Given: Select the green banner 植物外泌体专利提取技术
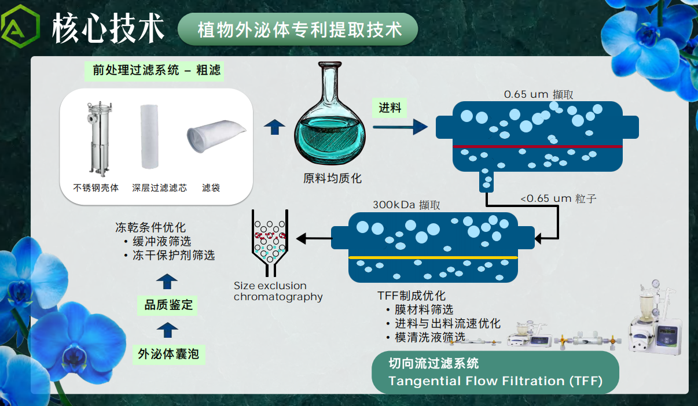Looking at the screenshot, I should (299, 29).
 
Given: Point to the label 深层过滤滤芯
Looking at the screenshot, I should (159, 188).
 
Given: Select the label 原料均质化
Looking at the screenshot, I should (332, 179).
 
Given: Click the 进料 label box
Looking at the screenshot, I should (390, 108).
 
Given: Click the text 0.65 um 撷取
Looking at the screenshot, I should (538, 94).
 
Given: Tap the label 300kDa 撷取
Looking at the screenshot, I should (406, 205).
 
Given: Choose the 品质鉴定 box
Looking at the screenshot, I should (168, 304).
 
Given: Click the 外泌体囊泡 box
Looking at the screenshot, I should (168, 353).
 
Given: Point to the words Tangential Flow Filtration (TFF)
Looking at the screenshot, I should (495, 381).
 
